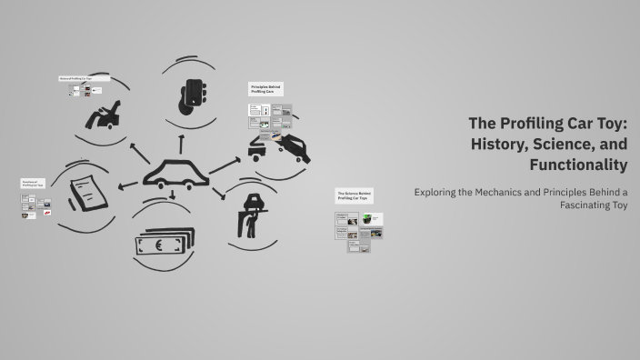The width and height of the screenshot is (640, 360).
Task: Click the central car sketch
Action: tap(175, 172)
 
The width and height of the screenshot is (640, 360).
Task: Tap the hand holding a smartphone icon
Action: tap(192, 93)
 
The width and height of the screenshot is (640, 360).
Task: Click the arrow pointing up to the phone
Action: tap(182, 141)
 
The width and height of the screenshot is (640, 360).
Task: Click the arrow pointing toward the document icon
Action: tap(128, 185)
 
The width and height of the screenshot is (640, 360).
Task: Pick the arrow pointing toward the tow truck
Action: tap(225, 164)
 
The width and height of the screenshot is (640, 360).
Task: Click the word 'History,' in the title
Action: tap(501, 143)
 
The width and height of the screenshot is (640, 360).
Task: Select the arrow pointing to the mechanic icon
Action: tap(218, 194)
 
